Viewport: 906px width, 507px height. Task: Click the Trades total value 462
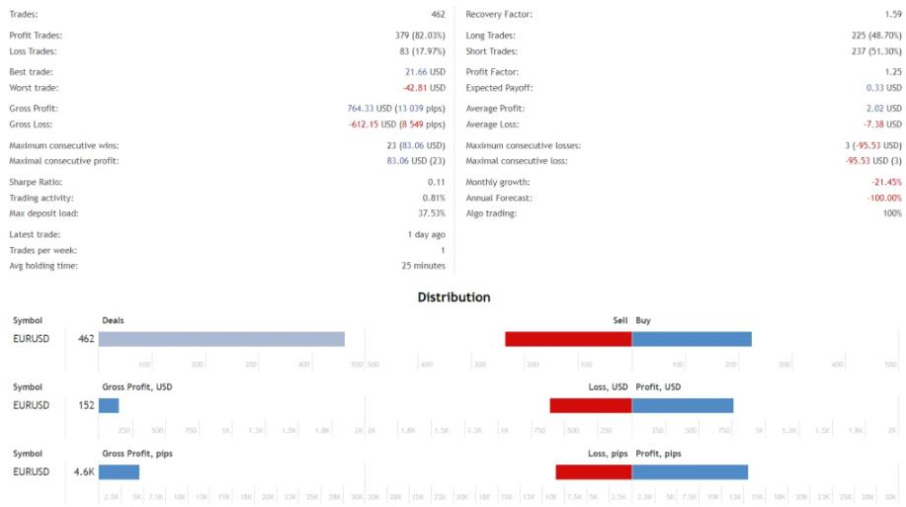[x=437, y=15]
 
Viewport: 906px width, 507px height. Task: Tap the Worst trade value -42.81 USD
[x=424, y=88]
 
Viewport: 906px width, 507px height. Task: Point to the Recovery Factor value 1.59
[x=893, y=15]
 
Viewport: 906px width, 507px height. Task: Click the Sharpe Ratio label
[x=33, y=182]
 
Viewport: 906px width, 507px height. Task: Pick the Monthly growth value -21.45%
[x=885, y=182]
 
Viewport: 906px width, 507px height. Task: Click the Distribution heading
[x=453, y=296]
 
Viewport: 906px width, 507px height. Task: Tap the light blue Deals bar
[x=221, y=339]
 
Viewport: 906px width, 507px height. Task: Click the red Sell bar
[x=568, y=339]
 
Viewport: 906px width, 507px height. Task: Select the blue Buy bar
[x=692, y=339]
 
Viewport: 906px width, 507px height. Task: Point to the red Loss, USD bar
[x=591, y=405]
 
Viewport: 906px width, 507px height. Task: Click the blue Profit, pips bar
[x=690, y=471]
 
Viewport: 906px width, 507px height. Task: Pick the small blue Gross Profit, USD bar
[x=109, y=405]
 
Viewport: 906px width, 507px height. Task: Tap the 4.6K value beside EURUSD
[x=84, y=471]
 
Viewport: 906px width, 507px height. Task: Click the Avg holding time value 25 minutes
[x=423, y=265]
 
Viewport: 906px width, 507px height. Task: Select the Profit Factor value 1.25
[x=893, y=72]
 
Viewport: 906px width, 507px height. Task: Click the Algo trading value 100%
[x=892, y=213]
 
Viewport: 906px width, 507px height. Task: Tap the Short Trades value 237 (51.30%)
[x=870, y=51]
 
